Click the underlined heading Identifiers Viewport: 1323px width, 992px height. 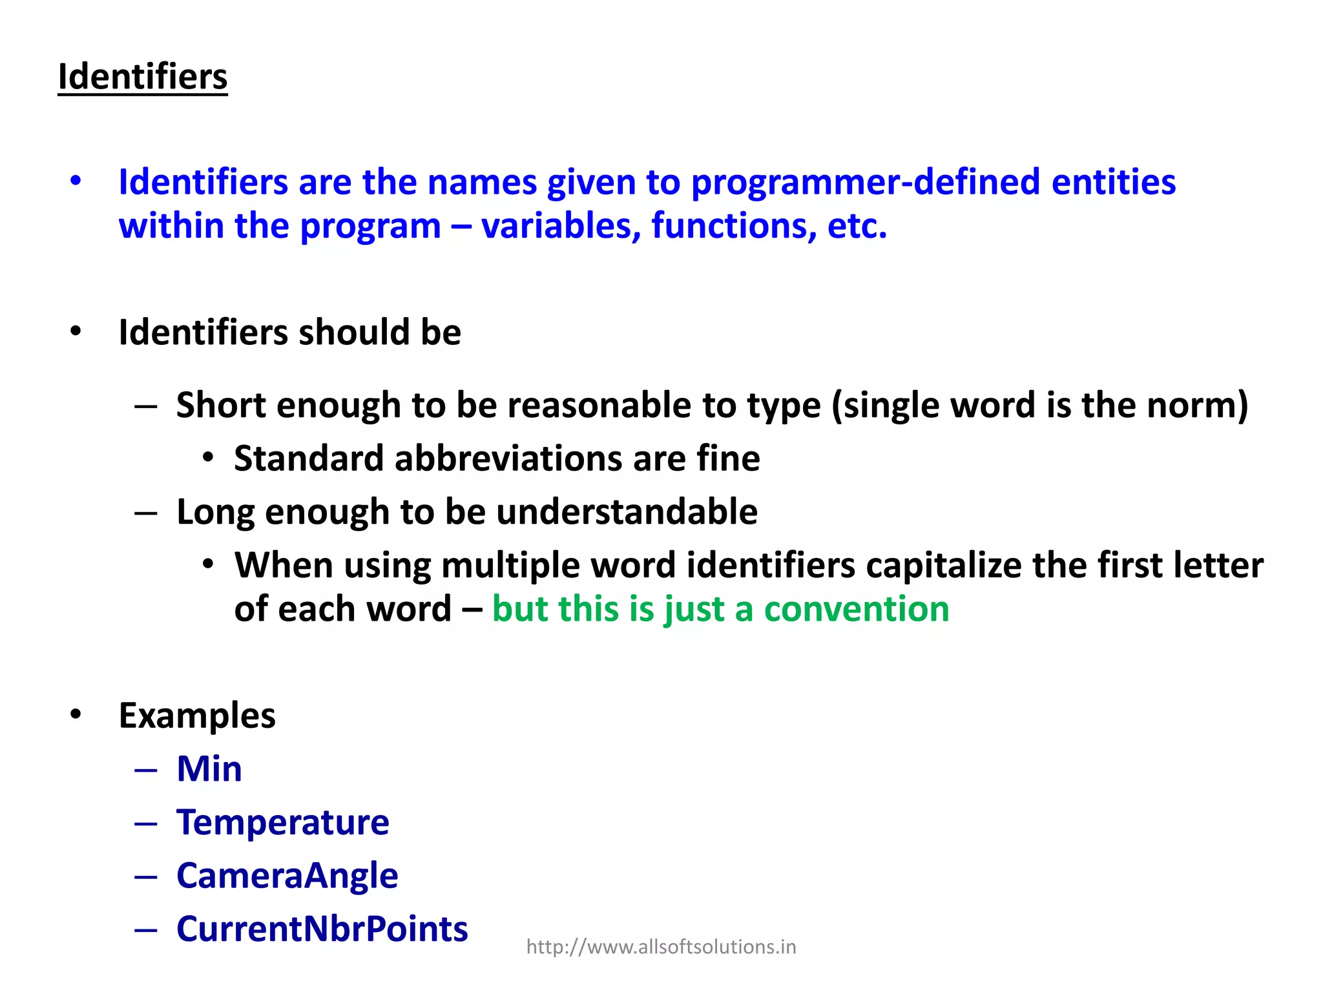143,77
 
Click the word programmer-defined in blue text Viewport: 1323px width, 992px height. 865,183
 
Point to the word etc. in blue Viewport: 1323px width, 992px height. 857,227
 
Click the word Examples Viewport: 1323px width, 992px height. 197,716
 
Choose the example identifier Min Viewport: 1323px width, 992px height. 209,769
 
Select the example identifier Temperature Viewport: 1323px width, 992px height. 283,823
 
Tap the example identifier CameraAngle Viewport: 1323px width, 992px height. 287,876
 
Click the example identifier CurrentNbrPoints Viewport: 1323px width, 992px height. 322,929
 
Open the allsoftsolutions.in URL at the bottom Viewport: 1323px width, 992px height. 661,947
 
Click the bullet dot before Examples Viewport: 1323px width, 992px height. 76,715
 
